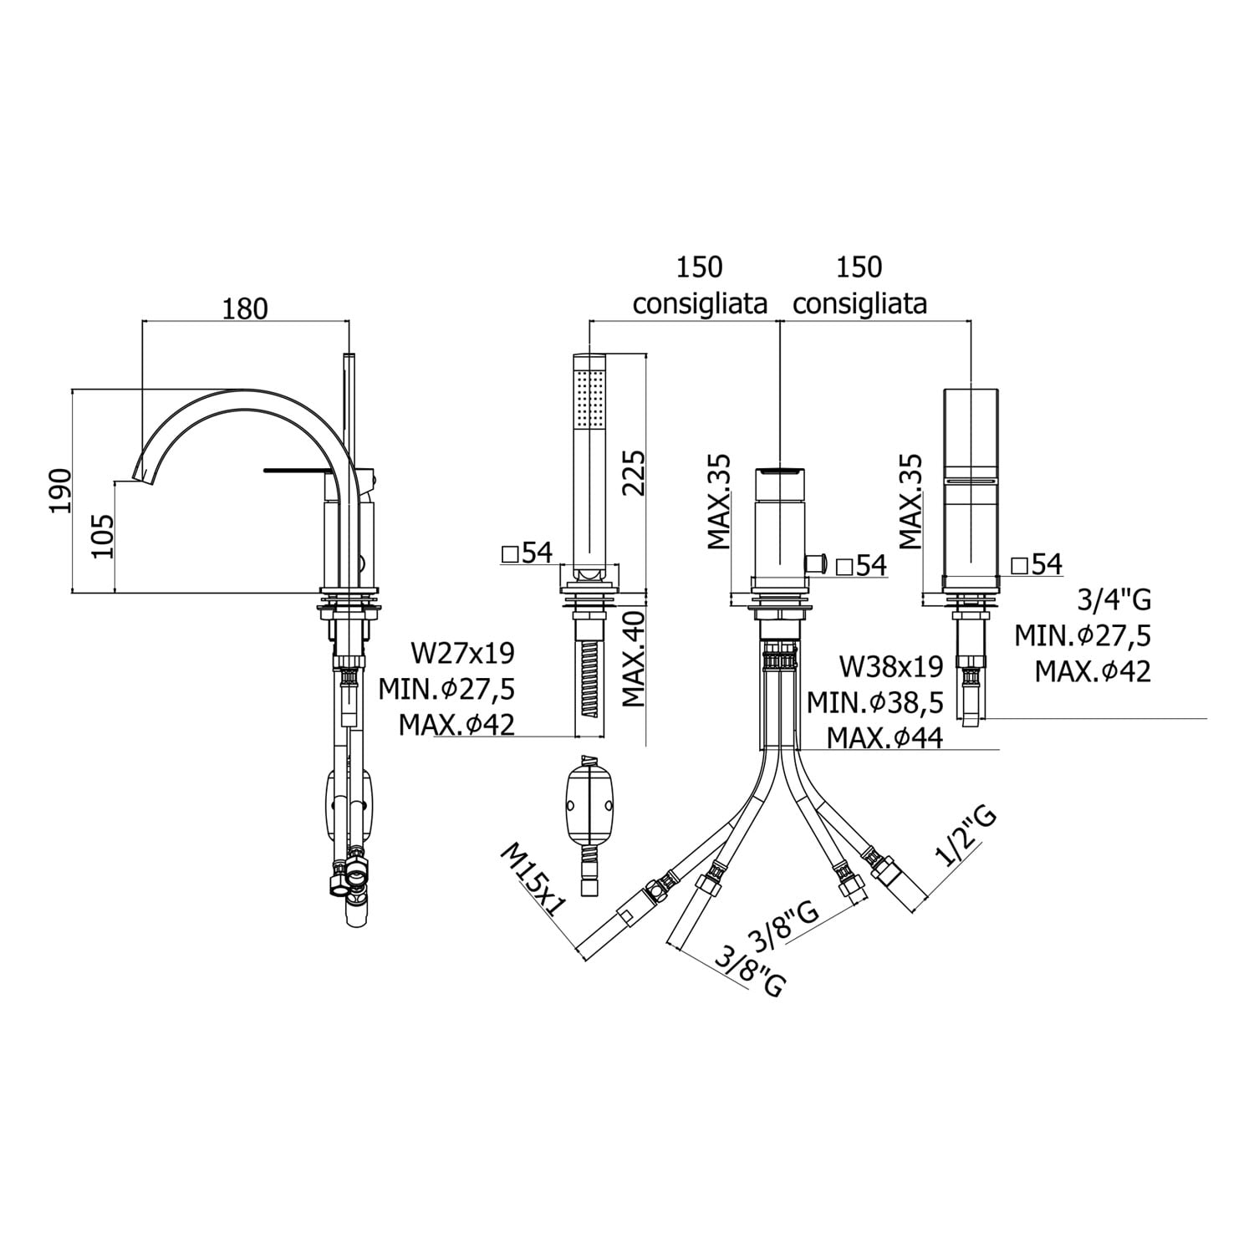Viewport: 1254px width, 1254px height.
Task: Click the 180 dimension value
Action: pos(245,308)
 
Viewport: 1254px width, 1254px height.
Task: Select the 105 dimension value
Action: pos(100,536)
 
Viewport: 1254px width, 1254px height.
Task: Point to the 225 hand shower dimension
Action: pos(634,473)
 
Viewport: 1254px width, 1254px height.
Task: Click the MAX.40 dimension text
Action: pos(634,659)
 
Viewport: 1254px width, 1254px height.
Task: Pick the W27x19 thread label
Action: pos(462,652)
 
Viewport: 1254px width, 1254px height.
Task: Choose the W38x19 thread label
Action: pos(891,666)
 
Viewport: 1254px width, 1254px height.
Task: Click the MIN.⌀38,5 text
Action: pos(875,702)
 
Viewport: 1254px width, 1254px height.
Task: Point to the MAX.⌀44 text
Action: pos(885,737)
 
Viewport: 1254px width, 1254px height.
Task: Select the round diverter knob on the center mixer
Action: pos(817,563)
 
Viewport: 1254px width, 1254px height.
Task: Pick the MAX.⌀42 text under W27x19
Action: pos(456,723)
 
